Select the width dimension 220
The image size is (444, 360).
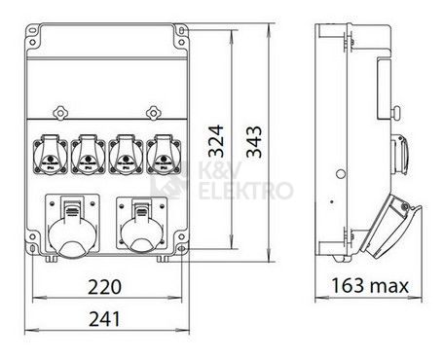pos(104,288)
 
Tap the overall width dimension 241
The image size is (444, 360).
pos(104,317)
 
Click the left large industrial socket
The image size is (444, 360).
pos(70,229)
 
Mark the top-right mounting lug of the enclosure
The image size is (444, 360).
pos(181,33)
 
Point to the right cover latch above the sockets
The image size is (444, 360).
pos(150,110)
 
